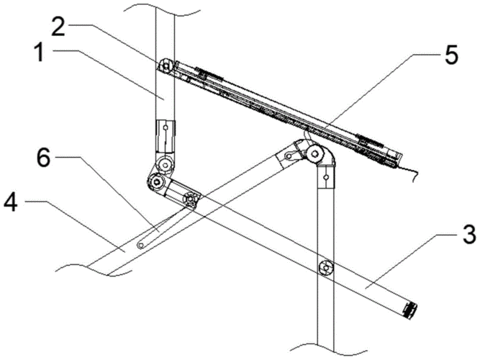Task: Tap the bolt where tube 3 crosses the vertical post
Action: (x=327, y=268)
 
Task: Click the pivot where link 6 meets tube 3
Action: (x=190, y=198)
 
